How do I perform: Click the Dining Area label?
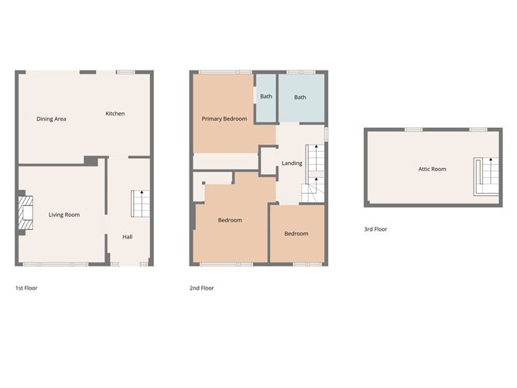tap(51, 118)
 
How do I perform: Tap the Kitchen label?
tap(115, 114)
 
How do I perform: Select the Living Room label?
tap(64, 215)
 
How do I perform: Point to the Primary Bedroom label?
tap(224, 118)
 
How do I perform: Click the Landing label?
tap(292, 163)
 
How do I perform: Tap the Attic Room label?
tap(432, 168)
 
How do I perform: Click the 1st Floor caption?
tap(26, 288)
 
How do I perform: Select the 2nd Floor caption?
tap(201, 288)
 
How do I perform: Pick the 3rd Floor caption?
tap(375, 229)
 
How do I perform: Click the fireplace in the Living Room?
tap(26, 215)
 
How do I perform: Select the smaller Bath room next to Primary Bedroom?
tap(266, 97)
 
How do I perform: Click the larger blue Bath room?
tap(300, 98)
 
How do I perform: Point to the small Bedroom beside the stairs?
tap(296, 233)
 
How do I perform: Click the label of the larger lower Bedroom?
tap(230, 220)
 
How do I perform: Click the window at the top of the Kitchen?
tap(126, 72)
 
